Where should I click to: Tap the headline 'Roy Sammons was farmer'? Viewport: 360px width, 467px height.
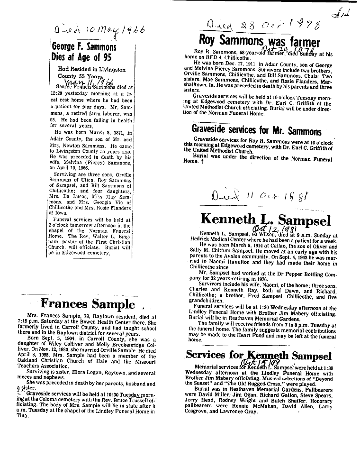[260, 41]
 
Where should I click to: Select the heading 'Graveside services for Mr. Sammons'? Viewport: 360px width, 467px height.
[256, 130]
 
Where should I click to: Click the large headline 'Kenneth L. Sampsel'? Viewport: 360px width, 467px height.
[265, 219]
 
